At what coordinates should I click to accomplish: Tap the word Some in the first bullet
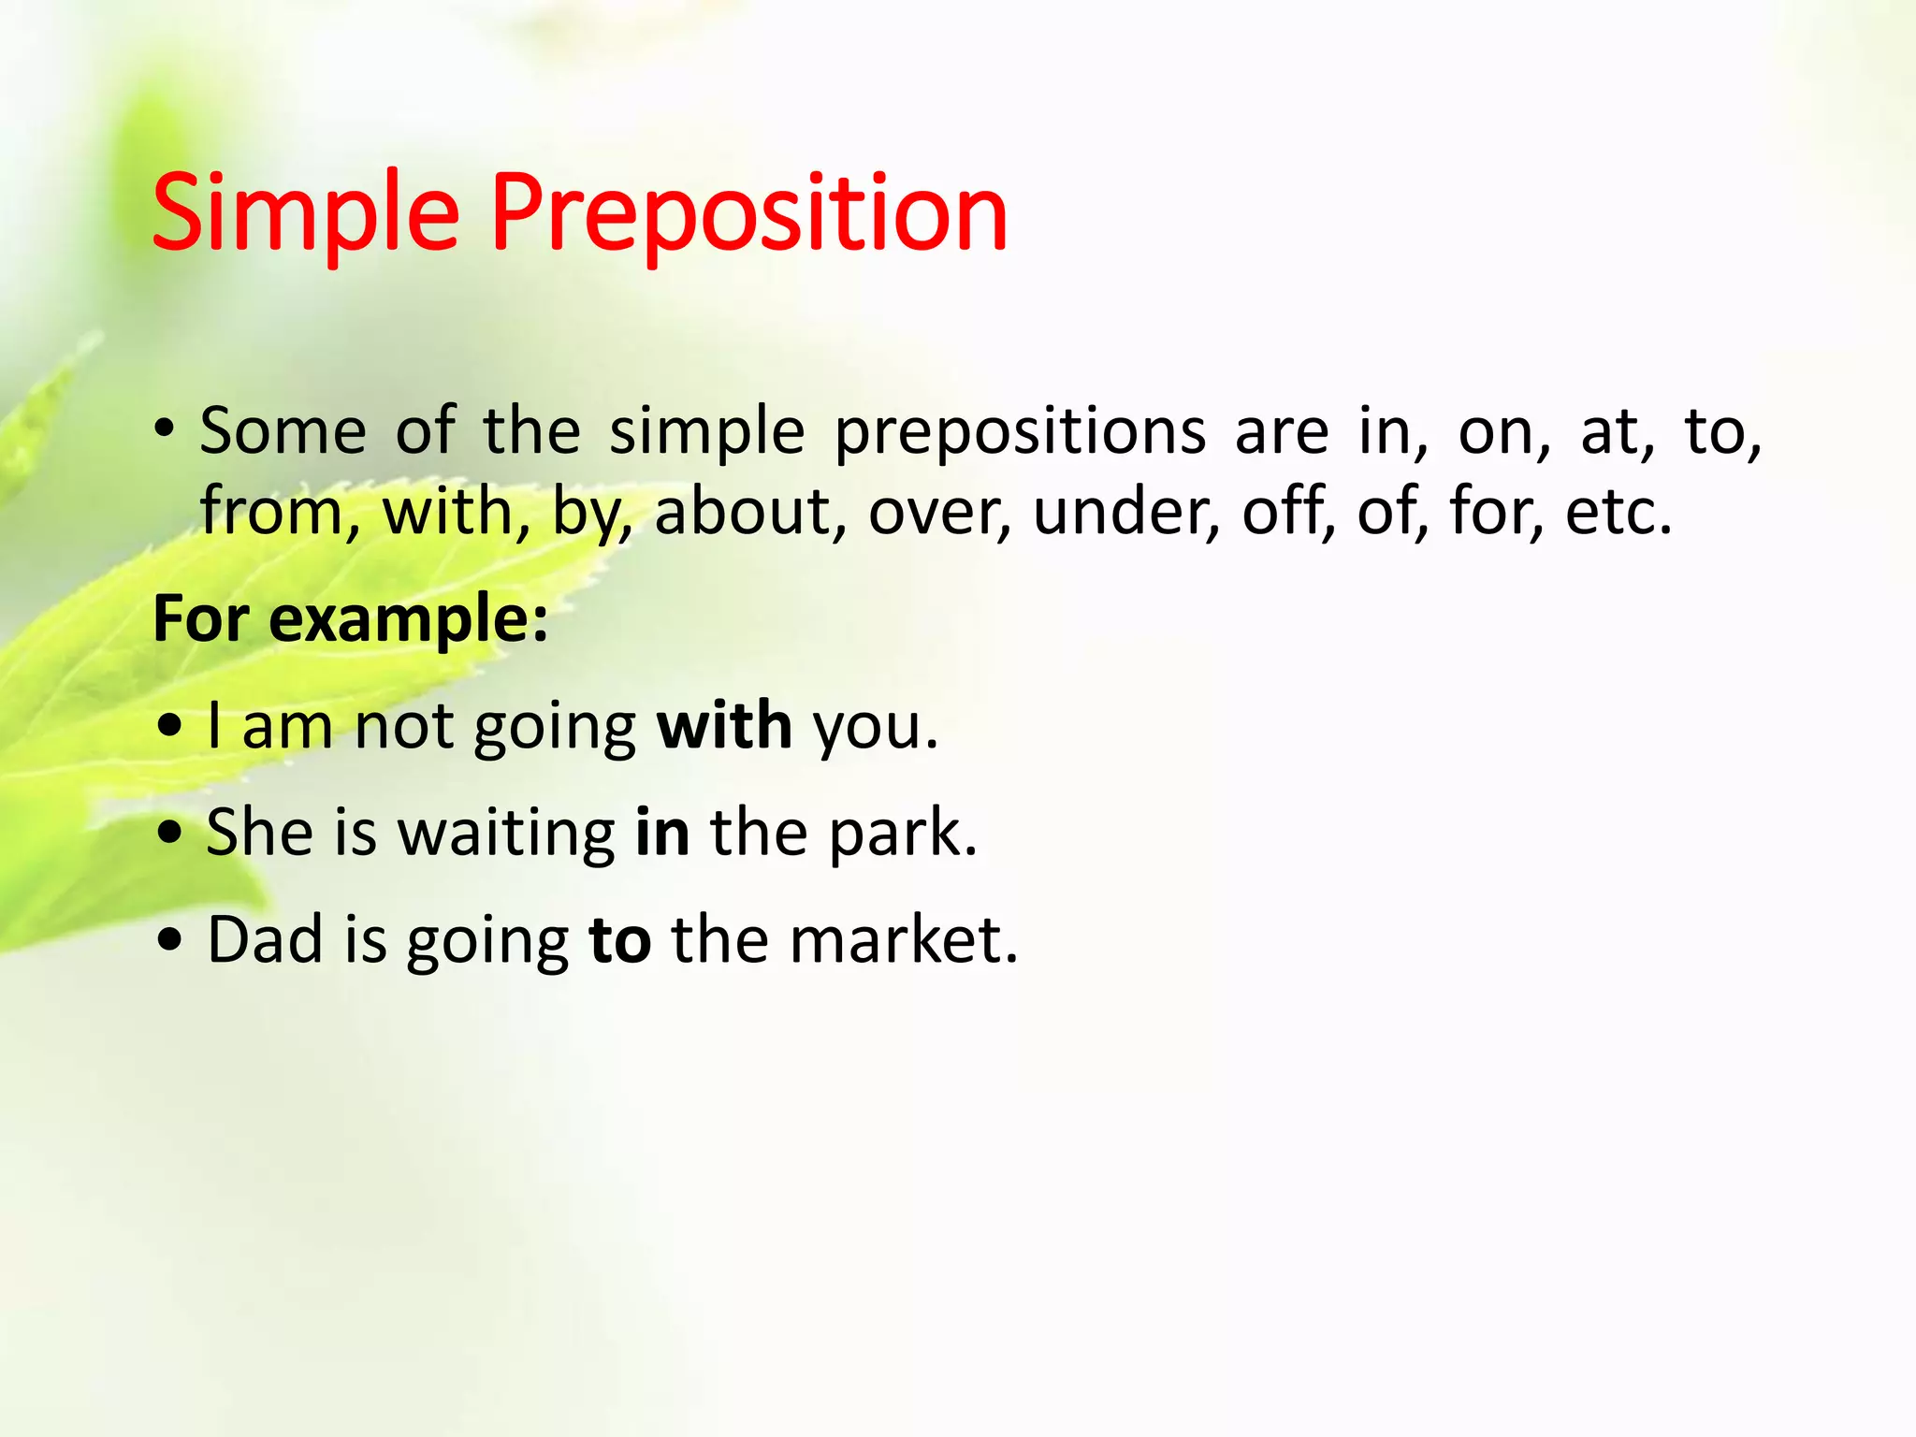click(x=283, y=432)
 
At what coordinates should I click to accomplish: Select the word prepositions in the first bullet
click(x=1020, y=432)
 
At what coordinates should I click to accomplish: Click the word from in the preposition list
click(x=272, y=512)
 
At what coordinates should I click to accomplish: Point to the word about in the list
click(x=742, y=512)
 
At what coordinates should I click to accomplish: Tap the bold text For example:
click(x=351, y=618)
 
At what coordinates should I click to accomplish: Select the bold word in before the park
click(x=662, y=832)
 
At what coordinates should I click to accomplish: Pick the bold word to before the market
click(x=619, y=939)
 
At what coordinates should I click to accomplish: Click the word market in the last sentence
click(x=903, y=939)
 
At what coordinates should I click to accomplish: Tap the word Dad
click(x=266, y=939)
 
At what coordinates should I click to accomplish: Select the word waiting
click(x=506, y=832)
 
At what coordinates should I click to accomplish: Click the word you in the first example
click(x=874, y=727)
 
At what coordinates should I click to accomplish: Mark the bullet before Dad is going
click(x=170, y=940)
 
